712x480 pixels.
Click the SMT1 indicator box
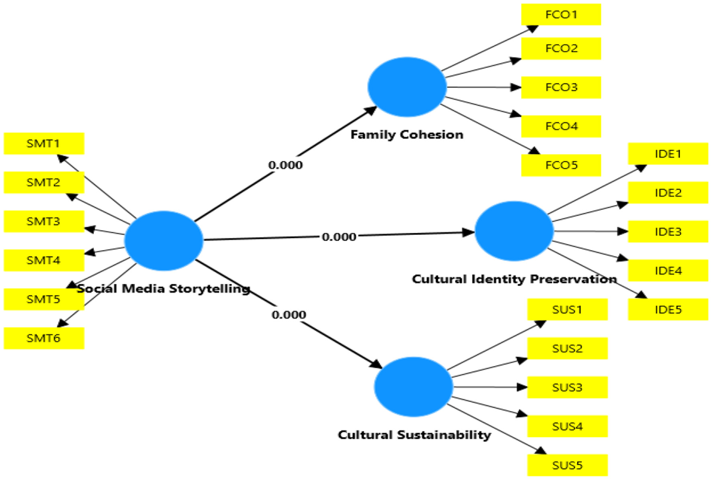coord(44,144)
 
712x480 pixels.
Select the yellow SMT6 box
coord(44,338)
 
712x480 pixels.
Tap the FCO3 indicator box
coord(561,87)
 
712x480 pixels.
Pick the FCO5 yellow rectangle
coord(561,165)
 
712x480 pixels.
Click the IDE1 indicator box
coord(668,154)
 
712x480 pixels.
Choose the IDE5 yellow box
coord(668,310)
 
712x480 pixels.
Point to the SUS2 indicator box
coord(567,349)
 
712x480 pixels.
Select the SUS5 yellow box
coord(567,466)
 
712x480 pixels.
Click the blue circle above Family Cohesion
coord(407,87)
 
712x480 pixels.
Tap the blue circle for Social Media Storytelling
coord(164,240)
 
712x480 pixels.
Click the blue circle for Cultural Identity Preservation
coord(514,231)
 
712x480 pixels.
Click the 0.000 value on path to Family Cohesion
coord(285,165)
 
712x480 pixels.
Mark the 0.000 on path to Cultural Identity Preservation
coord(339,237)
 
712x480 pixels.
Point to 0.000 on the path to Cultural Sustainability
coord(288,315)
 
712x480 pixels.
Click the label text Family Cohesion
coord(407,135)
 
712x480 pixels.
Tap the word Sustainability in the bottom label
coord(444,435)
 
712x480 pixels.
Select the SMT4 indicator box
coord(44,261)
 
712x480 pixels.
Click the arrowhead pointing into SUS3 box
coord(522,387)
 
